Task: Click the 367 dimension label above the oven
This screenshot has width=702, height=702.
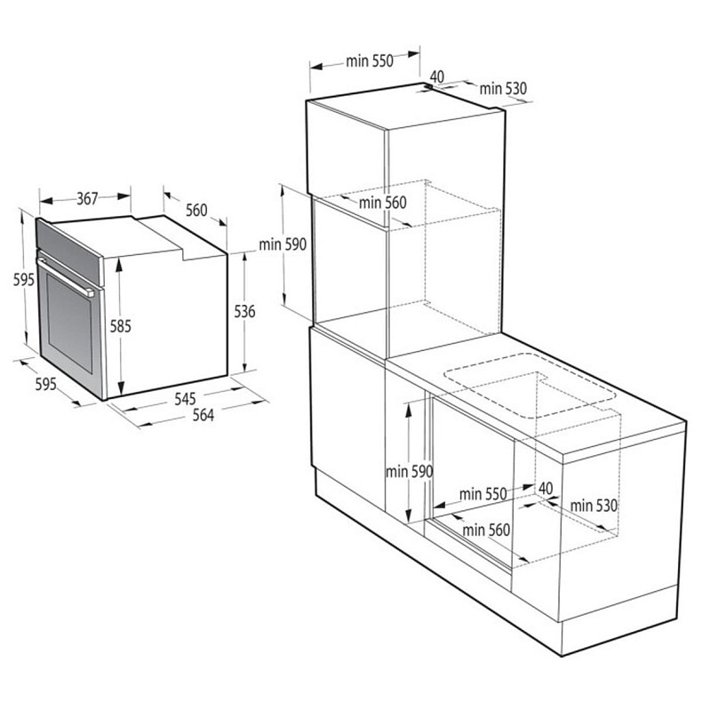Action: (86, 199)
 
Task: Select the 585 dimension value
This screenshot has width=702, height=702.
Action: (121, 326)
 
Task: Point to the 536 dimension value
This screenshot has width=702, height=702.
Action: (245, 311)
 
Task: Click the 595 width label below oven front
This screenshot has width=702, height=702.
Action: (45, 384)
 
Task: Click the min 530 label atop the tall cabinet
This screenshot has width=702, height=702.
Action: (504, 88)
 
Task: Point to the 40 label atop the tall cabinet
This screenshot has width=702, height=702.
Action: (436, 77)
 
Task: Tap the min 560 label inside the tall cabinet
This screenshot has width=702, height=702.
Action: (382, 203)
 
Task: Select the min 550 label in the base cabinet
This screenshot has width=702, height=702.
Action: (483, 494)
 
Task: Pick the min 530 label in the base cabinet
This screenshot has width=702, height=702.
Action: (594, 506)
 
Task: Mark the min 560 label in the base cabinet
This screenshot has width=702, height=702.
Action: (486, 530)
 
